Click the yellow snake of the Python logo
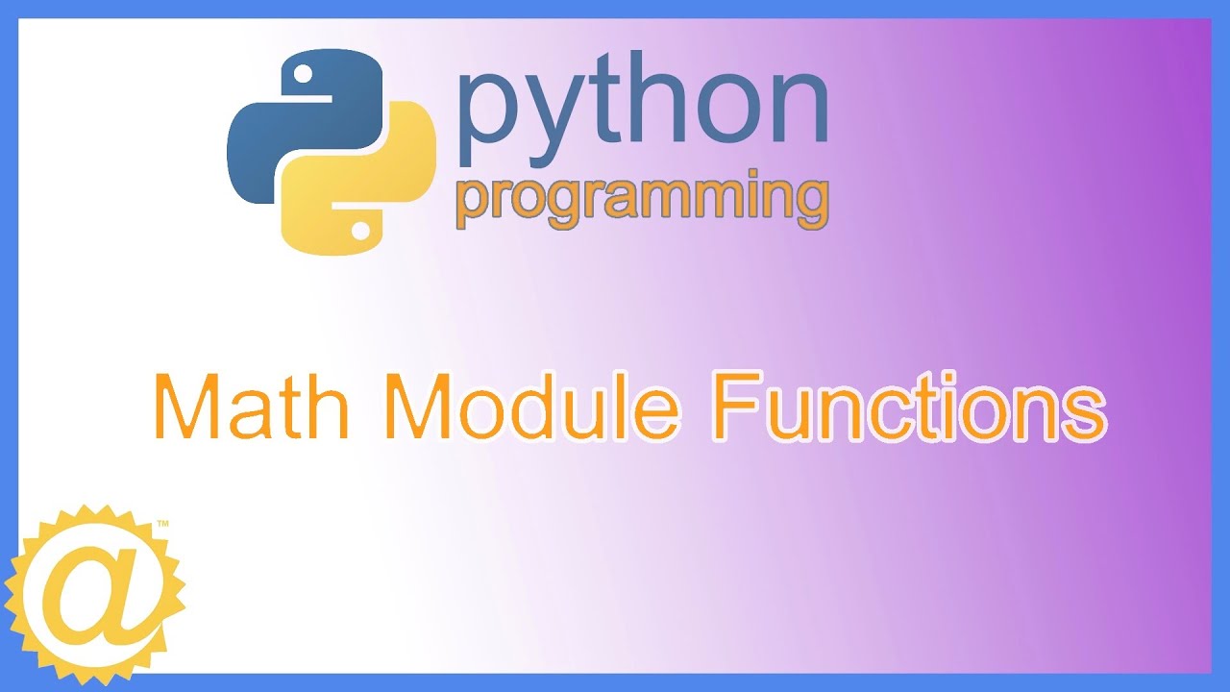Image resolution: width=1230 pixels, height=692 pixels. click(x=375, y=192)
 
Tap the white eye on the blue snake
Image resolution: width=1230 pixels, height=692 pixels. click(x=304, y=72)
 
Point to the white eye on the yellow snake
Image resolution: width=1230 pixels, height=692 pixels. click(x=360, y=231)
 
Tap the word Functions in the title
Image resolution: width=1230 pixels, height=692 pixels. click(x=908, y=408)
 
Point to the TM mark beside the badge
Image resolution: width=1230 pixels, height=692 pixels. click(x=162, y=525)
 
